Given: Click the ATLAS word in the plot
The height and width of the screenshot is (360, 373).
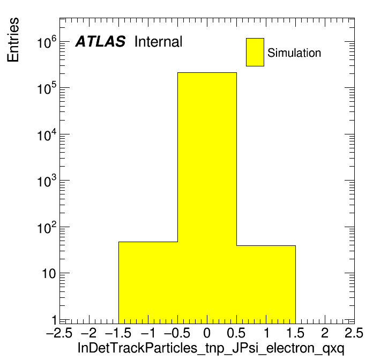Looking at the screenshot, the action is pyautogui.click(x=100, y=41).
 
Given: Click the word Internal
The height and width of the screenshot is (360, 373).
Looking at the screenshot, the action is pyautogui.click(x=159, y=42).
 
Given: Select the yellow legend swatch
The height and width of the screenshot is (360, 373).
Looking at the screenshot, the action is pyautogui.click(x=255, y=52).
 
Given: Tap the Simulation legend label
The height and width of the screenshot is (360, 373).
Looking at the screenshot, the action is pyautogui.click(x=294, y=52).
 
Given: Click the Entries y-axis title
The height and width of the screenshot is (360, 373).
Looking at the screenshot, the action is pyautogui.click(x=13, y=40).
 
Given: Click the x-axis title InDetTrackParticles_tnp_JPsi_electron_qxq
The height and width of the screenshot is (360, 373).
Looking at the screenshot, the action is pyautogui.click(x=211, y=349).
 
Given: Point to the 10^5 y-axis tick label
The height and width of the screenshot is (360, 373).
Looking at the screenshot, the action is pyautogui.click(x=47, y=88).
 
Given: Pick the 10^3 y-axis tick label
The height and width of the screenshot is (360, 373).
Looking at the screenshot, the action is pyautogui.click(x=47, y=181).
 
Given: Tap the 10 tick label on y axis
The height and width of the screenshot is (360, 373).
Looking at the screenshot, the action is pyautogui.click(x=49, y=274).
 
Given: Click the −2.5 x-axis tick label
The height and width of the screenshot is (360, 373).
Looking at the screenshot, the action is pyautogui.click(x=59, y=333).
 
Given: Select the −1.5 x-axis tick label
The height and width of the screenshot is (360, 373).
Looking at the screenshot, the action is pyautogui.click(x=118, y=333).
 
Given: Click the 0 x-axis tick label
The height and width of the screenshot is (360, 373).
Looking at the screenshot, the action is pyautogui.click(x=207, y=333).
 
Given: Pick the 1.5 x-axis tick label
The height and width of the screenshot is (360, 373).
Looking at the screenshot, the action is pyautogui.click(x=295, y=333).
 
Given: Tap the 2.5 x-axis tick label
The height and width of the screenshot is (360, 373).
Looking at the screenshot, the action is pyautogui.click(x=354, y=333).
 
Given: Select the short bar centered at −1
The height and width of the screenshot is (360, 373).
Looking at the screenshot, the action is pyautogui.click(x=148, y=283).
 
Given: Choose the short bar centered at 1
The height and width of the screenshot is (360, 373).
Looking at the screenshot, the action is pyautogui.click(x=266, y=284).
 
